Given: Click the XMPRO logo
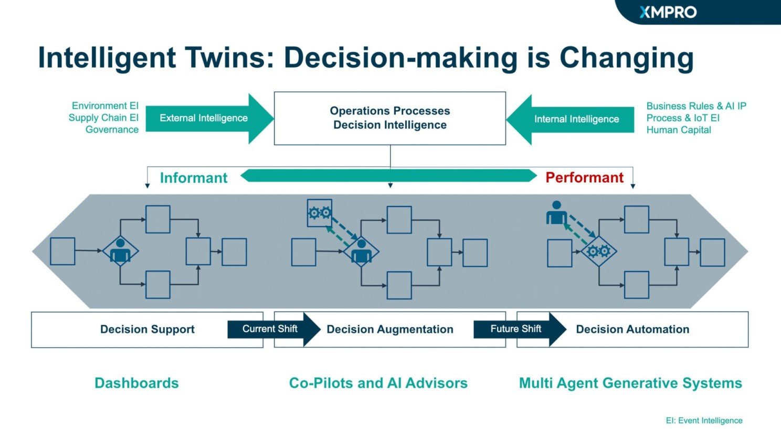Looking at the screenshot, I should click(668, 12).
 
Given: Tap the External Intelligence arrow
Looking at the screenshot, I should click(205, 118).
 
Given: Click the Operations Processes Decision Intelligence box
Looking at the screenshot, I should click(390, 118).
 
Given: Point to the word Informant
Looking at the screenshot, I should click(193, 178).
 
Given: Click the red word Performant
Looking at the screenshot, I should click(584, 177).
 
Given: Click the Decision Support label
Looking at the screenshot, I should click(147, 329).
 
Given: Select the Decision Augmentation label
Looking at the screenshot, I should click(390, 329).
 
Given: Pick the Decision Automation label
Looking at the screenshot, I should click(632, 329).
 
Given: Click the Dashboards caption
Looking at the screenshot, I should click(136, 383).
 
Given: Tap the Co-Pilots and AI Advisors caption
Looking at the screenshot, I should click(378, 383).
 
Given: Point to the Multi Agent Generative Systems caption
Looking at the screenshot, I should click(630, 383).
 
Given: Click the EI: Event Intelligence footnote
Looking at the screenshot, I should click(704, 421).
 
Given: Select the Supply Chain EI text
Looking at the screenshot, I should click(103, 118).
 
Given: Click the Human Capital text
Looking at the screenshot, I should click(679, 130).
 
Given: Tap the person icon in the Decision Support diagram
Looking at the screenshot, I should click(120, 251).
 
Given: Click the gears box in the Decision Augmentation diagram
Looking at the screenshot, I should click(319, 213).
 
